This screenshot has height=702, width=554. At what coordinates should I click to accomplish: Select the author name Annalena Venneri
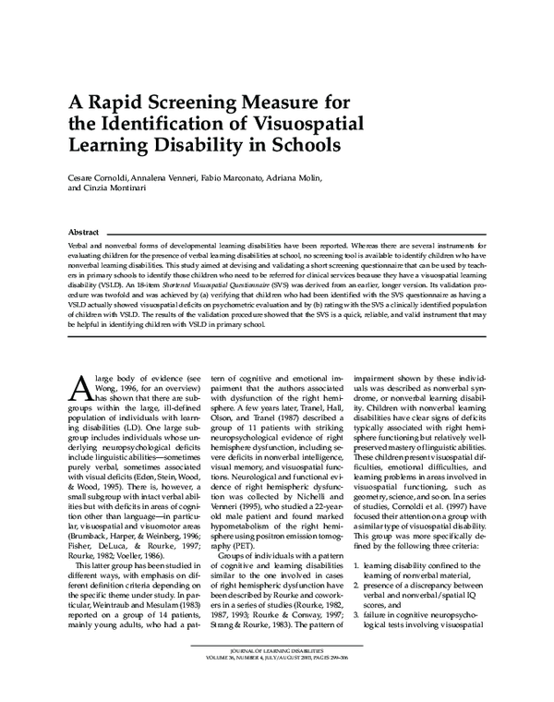[x=173, y=176]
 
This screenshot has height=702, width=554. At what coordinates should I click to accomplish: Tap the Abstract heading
[x=85, y=232]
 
